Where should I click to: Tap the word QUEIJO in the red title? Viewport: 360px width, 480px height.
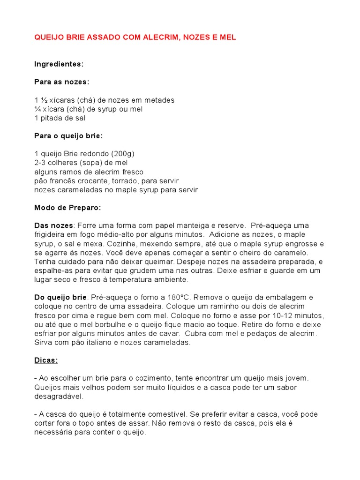tap(49, 37)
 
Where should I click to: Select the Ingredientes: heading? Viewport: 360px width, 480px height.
tap(59, 64)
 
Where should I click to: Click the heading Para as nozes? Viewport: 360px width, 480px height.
tap(61, 82)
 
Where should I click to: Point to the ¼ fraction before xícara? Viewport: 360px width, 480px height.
tap(37, 109)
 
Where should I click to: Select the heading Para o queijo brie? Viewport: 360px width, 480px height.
tap(68, 136)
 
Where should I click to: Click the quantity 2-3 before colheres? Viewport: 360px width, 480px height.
tap(41, 163)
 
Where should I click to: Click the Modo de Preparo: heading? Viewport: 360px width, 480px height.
tap(67, 208)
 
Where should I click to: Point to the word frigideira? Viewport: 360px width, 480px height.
tap(51, 234)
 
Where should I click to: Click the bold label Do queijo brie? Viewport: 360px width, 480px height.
tap(60, 297)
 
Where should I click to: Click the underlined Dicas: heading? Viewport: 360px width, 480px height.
tap(46, 360)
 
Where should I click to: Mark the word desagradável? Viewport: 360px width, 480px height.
tap(58, 396)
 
